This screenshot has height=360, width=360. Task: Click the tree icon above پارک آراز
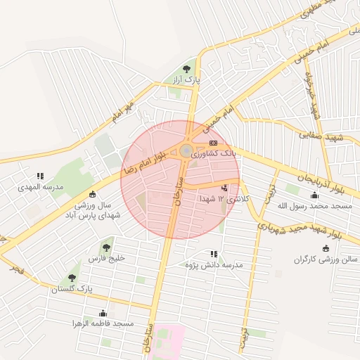point(186,69)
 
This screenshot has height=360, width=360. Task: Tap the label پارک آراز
point(188,82)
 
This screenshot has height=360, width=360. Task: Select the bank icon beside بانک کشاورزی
point(213,143)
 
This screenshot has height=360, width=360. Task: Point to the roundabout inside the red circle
point(186,151)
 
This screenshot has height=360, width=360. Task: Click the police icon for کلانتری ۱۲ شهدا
point(224,188)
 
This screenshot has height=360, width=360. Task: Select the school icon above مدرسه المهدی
point(40,176)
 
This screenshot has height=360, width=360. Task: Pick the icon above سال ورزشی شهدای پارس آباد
point(92,194)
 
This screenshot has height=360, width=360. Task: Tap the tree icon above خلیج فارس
point(105,247)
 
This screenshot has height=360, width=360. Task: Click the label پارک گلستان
point(72,289)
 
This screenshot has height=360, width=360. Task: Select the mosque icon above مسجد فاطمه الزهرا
point(103,313)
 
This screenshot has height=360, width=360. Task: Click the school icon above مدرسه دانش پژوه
point(214,254)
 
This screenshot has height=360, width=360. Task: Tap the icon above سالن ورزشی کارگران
point(325,248)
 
